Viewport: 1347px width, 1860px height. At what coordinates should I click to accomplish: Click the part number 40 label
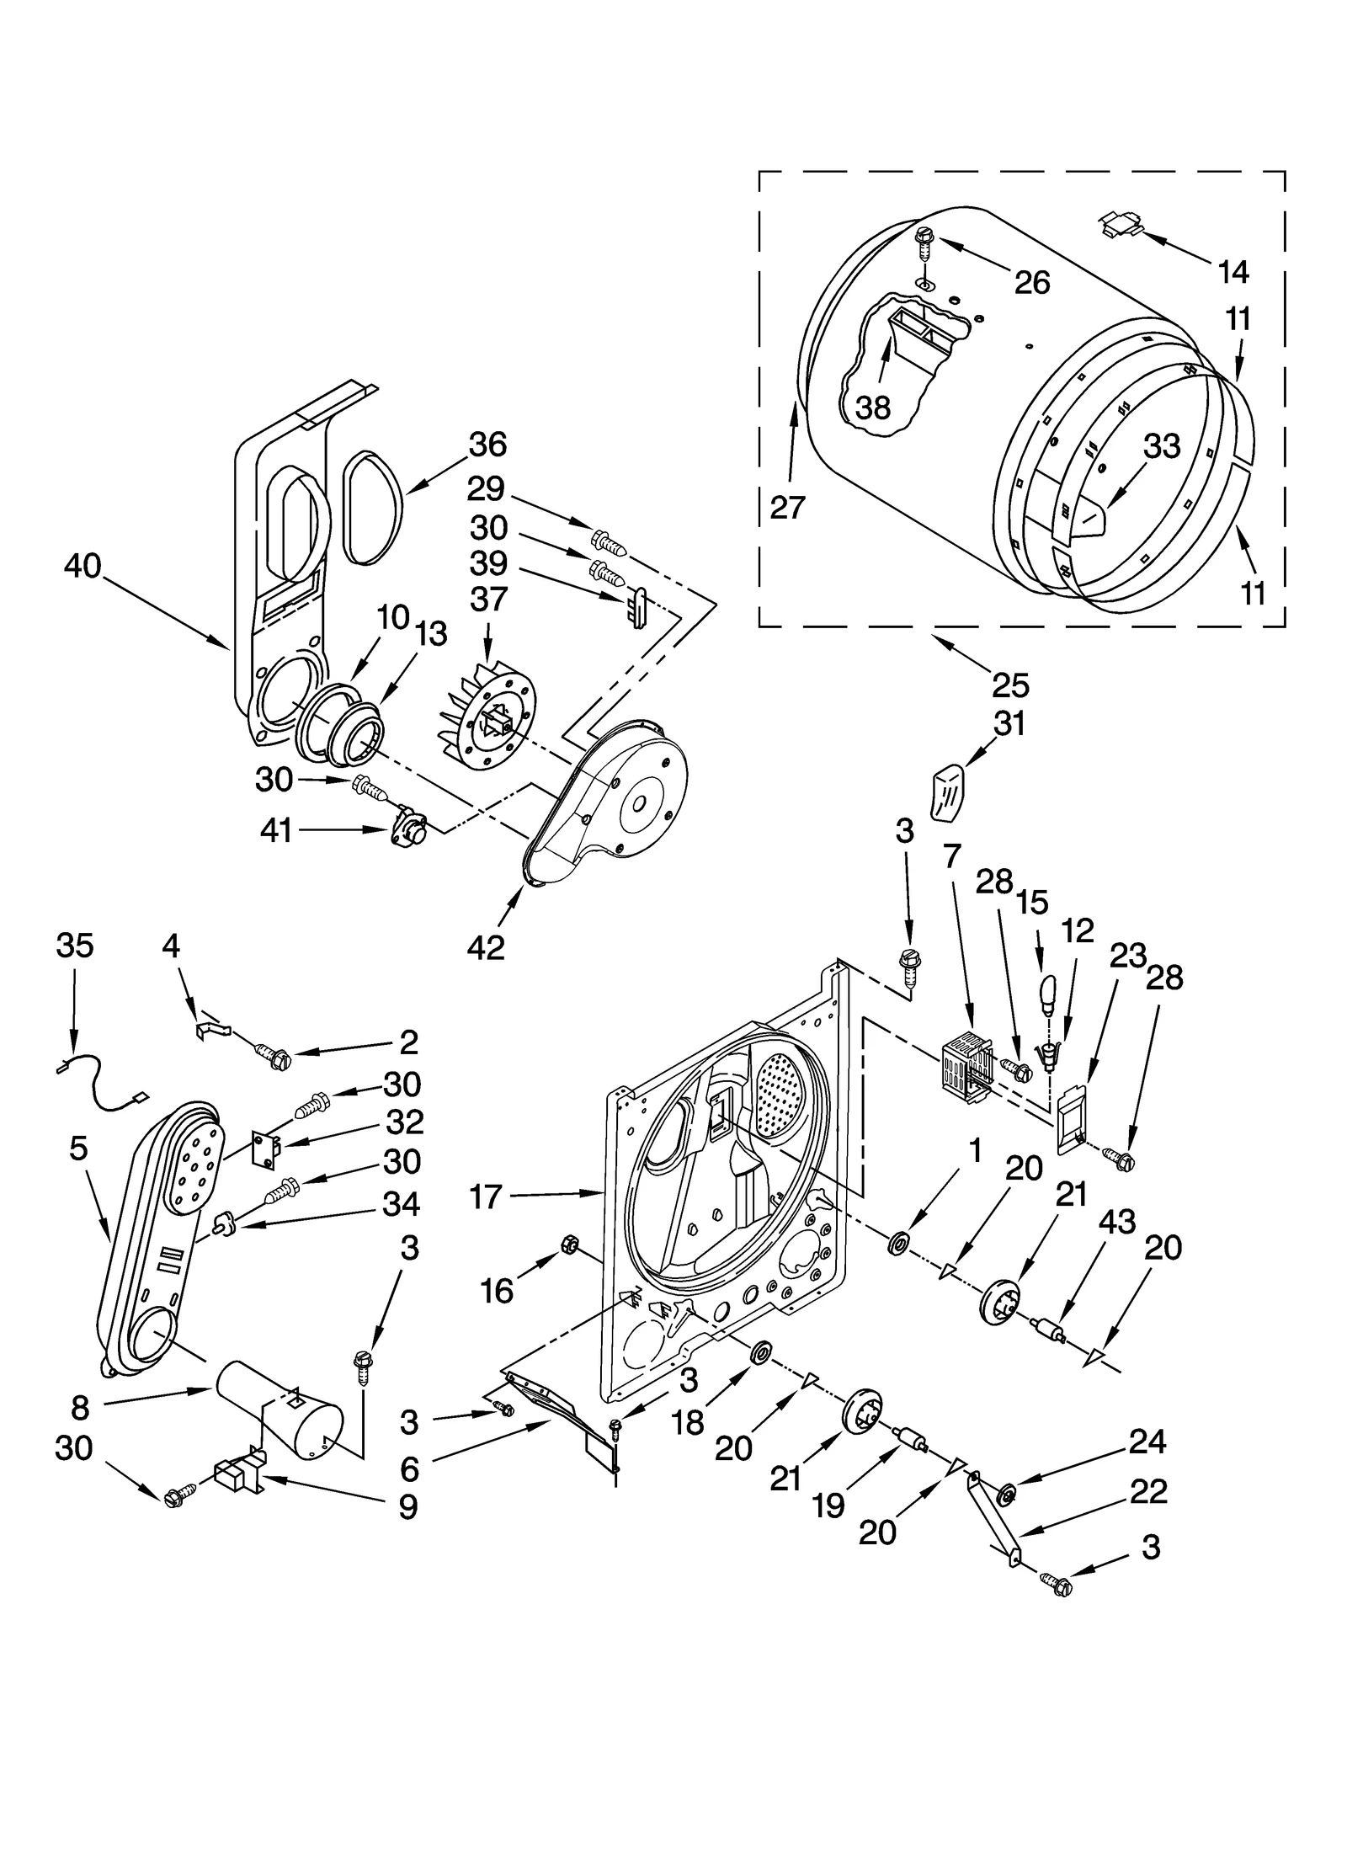[x=82, y=567]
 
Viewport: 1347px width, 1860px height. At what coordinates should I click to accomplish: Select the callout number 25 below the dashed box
[x=1010, y=685]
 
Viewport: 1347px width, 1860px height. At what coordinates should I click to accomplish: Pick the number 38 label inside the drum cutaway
[x=873, y=408]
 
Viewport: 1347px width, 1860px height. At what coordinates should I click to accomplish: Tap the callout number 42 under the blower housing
[x=486, y=947]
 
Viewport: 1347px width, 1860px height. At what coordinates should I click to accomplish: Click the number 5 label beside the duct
[x=78, y=1148]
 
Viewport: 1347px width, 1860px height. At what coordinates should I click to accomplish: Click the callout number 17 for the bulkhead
[x=485, y=1196]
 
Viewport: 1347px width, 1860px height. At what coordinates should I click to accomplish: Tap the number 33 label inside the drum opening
[x=1162, y=446]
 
